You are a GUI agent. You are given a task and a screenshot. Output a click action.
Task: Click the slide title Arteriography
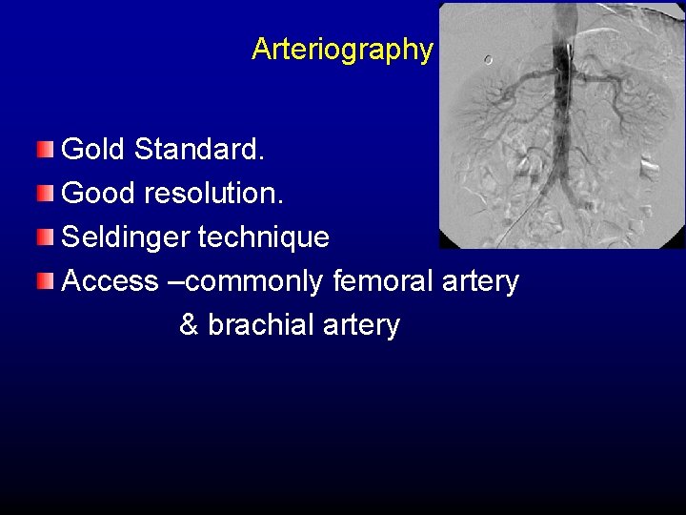click(342, 50)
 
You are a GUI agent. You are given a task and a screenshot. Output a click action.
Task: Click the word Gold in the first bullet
click(93, 149)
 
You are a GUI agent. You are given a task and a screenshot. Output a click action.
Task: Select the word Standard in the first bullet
click(198, 149)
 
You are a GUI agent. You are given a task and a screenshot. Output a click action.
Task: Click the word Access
click(96, 281)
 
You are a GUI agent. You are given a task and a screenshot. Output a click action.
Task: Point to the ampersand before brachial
click(189, 325)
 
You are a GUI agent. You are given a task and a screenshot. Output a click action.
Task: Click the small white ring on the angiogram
click(488, 59)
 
